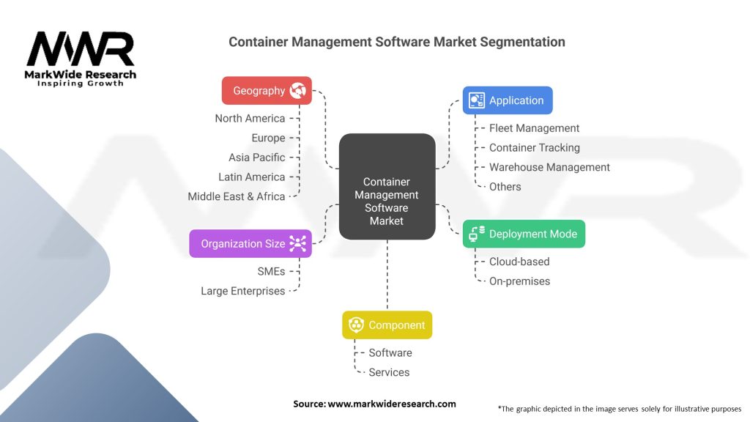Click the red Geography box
pyautogui.click(x=267, y=90)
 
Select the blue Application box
pyautogui.click(x=508, y=100)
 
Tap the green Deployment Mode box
pyautogui.click(x=524, y=234)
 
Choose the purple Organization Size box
pyautogui.click(x=250, y=243)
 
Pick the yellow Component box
pyautogui.click(x=387, y=325)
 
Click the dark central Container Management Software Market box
pyautogui.click(x=387, y=187)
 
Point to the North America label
pyautogui.click(x=250, y=118)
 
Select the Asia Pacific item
pyautogui.click(x=257, y=158)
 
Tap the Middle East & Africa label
pyautogui.click(x=237, y=196)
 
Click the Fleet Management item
pyautogui.click(x=534, y=128)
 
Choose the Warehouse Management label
pyautogui.click(x=549, y=168)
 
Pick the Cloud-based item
pyautogui.click(x=519, y=262)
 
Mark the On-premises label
pyautogui.click(x=519, y=281)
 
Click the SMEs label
pyautogui.click(x=271, y=271)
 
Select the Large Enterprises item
pyautogui.click(x=243, y=291)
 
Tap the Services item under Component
pyautogui.click(x=389, y=372)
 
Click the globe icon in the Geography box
pyautogui.click(x=297, y=90)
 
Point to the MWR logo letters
pyautogui.click(x=81, y=49)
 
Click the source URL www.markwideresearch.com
pyautogui.click(x=392, y=404)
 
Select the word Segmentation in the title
pyautogui.click(x=522, y=42)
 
